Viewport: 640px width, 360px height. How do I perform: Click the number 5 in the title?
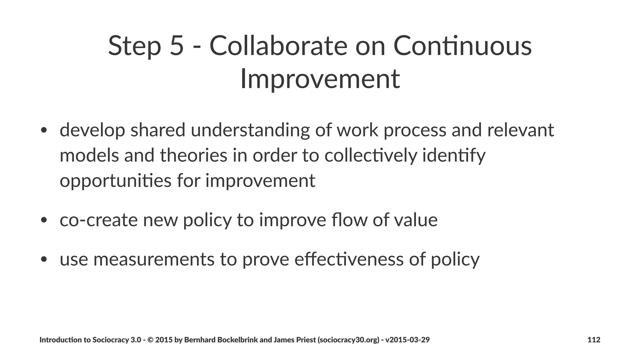[176, 46]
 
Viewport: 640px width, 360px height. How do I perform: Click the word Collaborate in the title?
[278, 46]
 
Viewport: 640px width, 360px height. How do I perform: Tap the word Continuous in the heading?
[462, 46]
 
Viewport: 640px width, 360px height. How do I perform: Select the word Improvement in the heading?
[320, 79]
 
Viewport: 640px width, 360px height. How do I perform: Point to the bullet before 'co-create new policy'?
[44, 220]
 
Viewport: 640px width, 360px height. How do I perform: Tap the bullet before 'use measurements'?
[44, 259]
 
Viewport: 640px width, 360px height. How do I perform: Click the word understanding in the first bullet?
[250, 130]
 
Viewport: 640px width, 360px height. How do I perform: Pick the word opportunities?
[115, 181]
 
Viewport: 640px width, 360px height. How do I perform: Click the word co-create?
[98, 220]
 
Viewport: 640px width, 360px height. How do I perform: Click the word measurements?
[154, 259]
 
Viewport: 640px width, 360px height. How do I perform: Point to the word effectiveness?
[349, 259]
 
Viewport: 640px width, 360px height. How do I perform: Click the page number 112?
[594, 340]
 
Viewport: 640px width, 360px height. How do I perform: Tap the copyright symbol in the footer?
[150, 340]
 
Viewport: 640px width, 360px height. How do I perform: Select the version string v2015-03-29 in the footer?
[407, 340]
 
